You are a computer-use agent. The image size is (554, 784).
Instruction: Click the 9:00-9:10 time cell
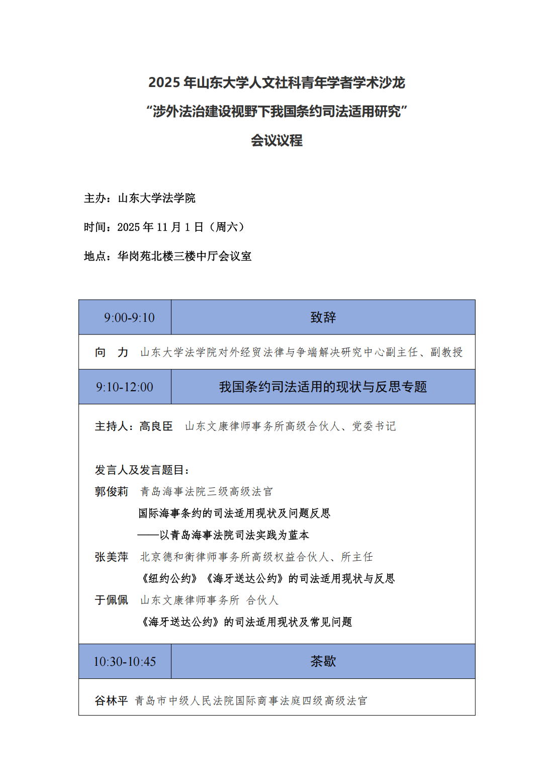[129, 317]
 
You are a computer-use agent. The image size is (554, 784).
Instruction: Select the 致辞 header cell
[323, 317]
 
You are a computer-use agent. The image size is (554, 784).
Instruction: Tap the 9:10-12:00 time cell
[125, 387]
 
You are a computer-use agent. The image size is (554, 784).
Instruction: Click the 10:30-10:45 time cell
[125, 661]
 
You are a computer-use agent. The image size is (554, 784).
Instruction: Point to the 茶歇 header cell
[323, 661]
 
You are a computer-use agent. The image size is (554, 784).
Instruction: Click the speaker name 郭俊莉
[112, 491]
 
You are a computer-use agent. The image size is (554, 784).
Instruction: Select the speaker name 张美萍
[112, 557]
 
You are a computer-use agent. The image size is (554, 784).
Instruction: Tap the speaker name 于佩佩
[112, 600]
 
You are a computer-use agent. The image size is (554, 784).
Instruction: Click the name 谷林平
[112, 701]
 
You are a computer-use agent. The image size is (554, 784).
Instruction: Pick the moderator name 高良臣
[156, 426]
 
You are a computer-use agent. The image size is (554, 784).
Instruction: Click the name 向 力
[112, 352]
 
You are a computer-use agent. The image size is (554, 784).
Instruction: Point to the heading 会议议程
[276, 140]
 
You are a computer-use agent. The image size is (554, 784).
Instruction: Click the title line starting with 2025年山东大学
[276, 82]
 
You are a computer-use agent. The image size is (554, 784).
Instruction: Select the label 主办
[96, 198]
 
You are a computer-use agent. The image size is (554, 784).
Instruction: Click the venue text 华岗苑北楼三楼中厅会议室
[184, 256]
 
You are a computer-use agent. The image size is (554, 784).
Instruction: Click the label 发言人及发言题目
[142, 470]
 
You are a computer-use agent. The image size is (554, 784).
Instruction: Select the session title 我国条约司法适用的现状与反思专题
[323, 387]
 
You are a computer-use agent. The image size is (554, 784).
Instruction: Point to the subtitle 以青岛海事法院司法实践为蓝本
[234, 535]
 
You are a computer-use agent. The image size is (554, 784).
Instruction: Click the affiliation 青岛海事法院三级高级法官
[206, 491]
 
